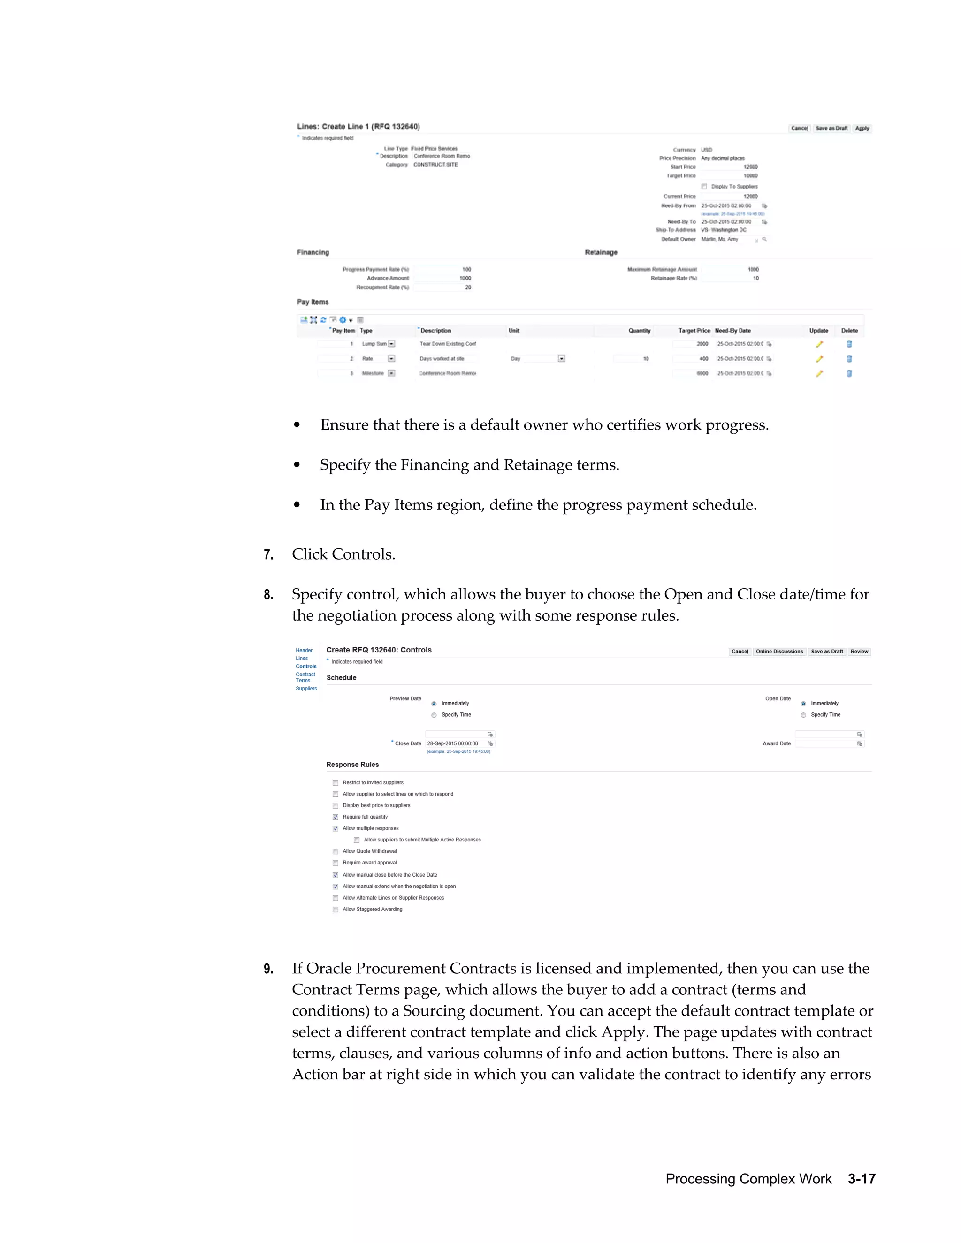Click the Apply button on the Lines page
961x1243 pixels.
pos(862,129)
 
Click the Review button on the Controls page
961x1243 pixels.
pos(859,652)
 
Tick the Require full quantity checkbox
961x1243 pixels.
pos(336,817)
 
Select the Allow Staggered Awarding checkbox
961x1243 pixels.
pos(336,910)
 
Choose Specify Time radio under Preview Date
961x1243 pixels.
pos(434,715)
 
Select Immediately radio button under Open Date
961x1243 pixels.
pos(803,704)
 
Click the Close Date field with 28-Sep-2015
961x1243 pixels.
pos(456,744)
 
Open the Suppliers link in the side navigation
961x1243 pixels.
pos(306,689)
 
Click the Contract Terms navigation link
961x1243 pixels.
pos(305,677)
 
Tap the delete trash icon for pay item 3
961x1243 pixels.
pos(849,374)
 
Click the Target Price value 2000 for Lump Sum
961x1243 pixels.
pos(702,344)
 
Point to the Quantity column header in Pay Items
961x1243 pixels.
pos(639,331)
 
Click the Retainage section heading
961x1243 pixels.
pos(601,253)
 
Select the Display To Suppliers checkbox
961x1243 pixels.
pos(704,187)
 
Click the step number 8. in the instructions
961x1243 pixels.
pos(268,595)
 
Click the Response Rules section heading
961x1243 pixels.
pos(352,765)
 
